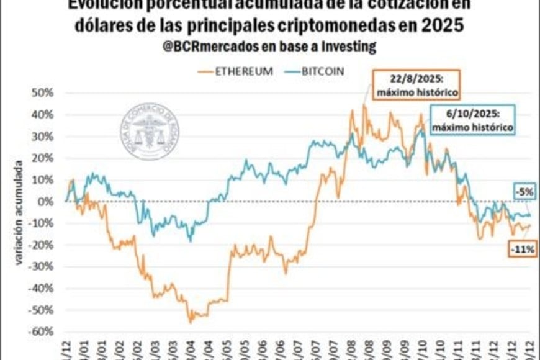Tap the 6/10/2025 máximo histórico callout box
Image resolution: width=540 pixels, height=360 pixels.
pyautogui.click(x=473, y=119)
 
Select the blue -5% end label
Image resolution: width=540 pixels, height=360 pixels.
pyautogui.click(x=523, y=192)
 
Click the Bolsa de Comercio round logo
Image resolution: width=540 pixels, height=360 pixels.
pyautogui.click(x=149, y=131)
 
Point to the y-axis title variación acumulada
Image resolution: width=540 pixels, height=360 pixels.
pyautogui.click(x=19, y=214)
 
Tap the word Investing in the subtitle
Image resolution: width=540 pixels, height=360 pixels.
pyautogui.click(x=352, y=47)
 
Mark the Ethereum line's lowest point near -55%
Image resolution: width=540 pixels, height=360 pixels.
pyautogui.click(x=191, y=322)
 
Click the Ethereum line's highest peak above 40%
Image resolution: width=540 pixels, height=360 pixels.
pyautogui.click(x=364, y=106)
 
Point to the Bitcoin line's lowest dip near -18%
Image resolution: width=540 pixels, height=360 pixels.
pyautogui.click(x=190, y=241)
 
